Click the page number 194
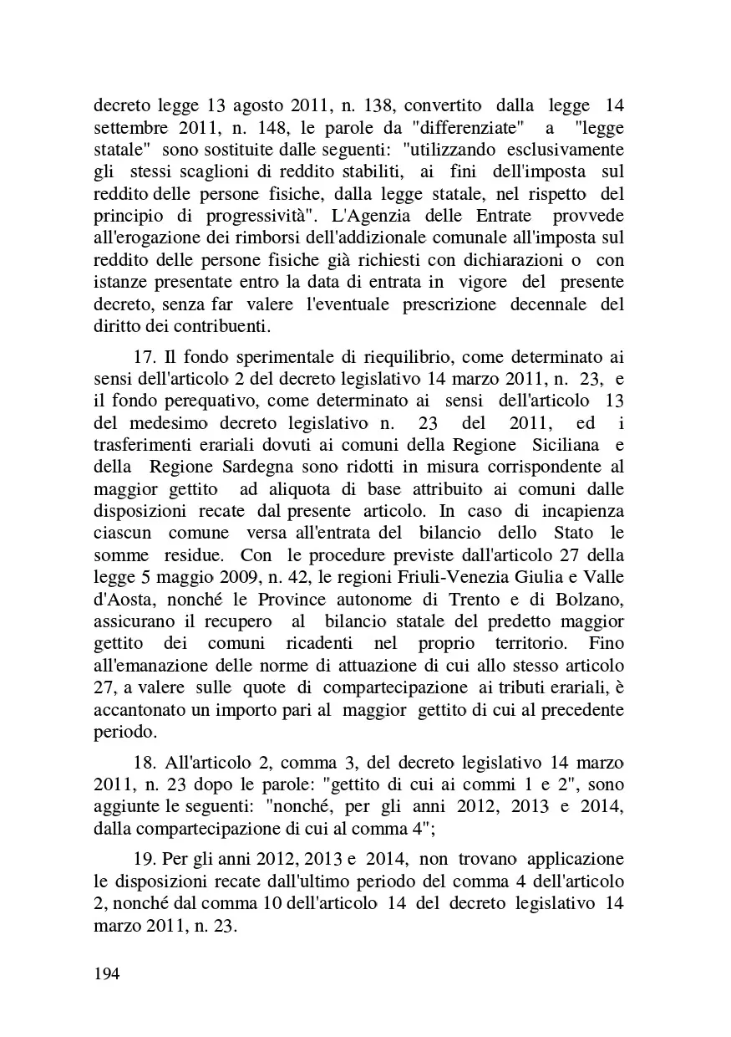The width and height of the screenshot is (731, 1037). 107,973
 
